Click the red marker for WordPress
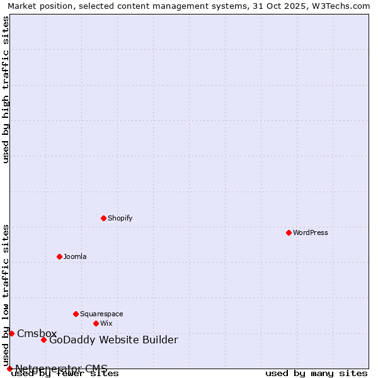[x=289, y=232]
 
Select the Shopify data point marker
[x=103, y=218]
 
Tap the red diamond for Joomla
[x=59, y=256]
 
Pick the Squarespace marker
[x=76, y=314]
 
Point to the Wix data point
[x=96, y=323]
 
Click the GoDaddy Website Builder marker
[x=43, y=340]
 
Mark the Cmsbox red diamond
[x=11, y=333]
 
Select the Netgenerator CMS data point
[x=9, y=369]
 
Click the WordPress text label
[x=311, y=232]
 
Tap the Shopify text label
[x=120, y=218]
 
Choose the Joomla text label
[x=75, y=256]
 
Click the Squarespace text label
[x=101, y=314]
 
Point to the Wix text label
[x=106, y=323]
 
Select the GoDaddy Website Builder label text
[x=113, y=340]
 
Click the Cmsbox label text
[x=37, y=333]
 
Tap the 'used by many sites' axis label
[x=316, y=373]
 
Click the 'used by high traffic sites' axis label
[x=6, y=89]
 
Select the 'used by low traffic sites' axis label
[x=6, y=295]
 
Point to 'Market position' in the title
[x=37, y=6]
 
